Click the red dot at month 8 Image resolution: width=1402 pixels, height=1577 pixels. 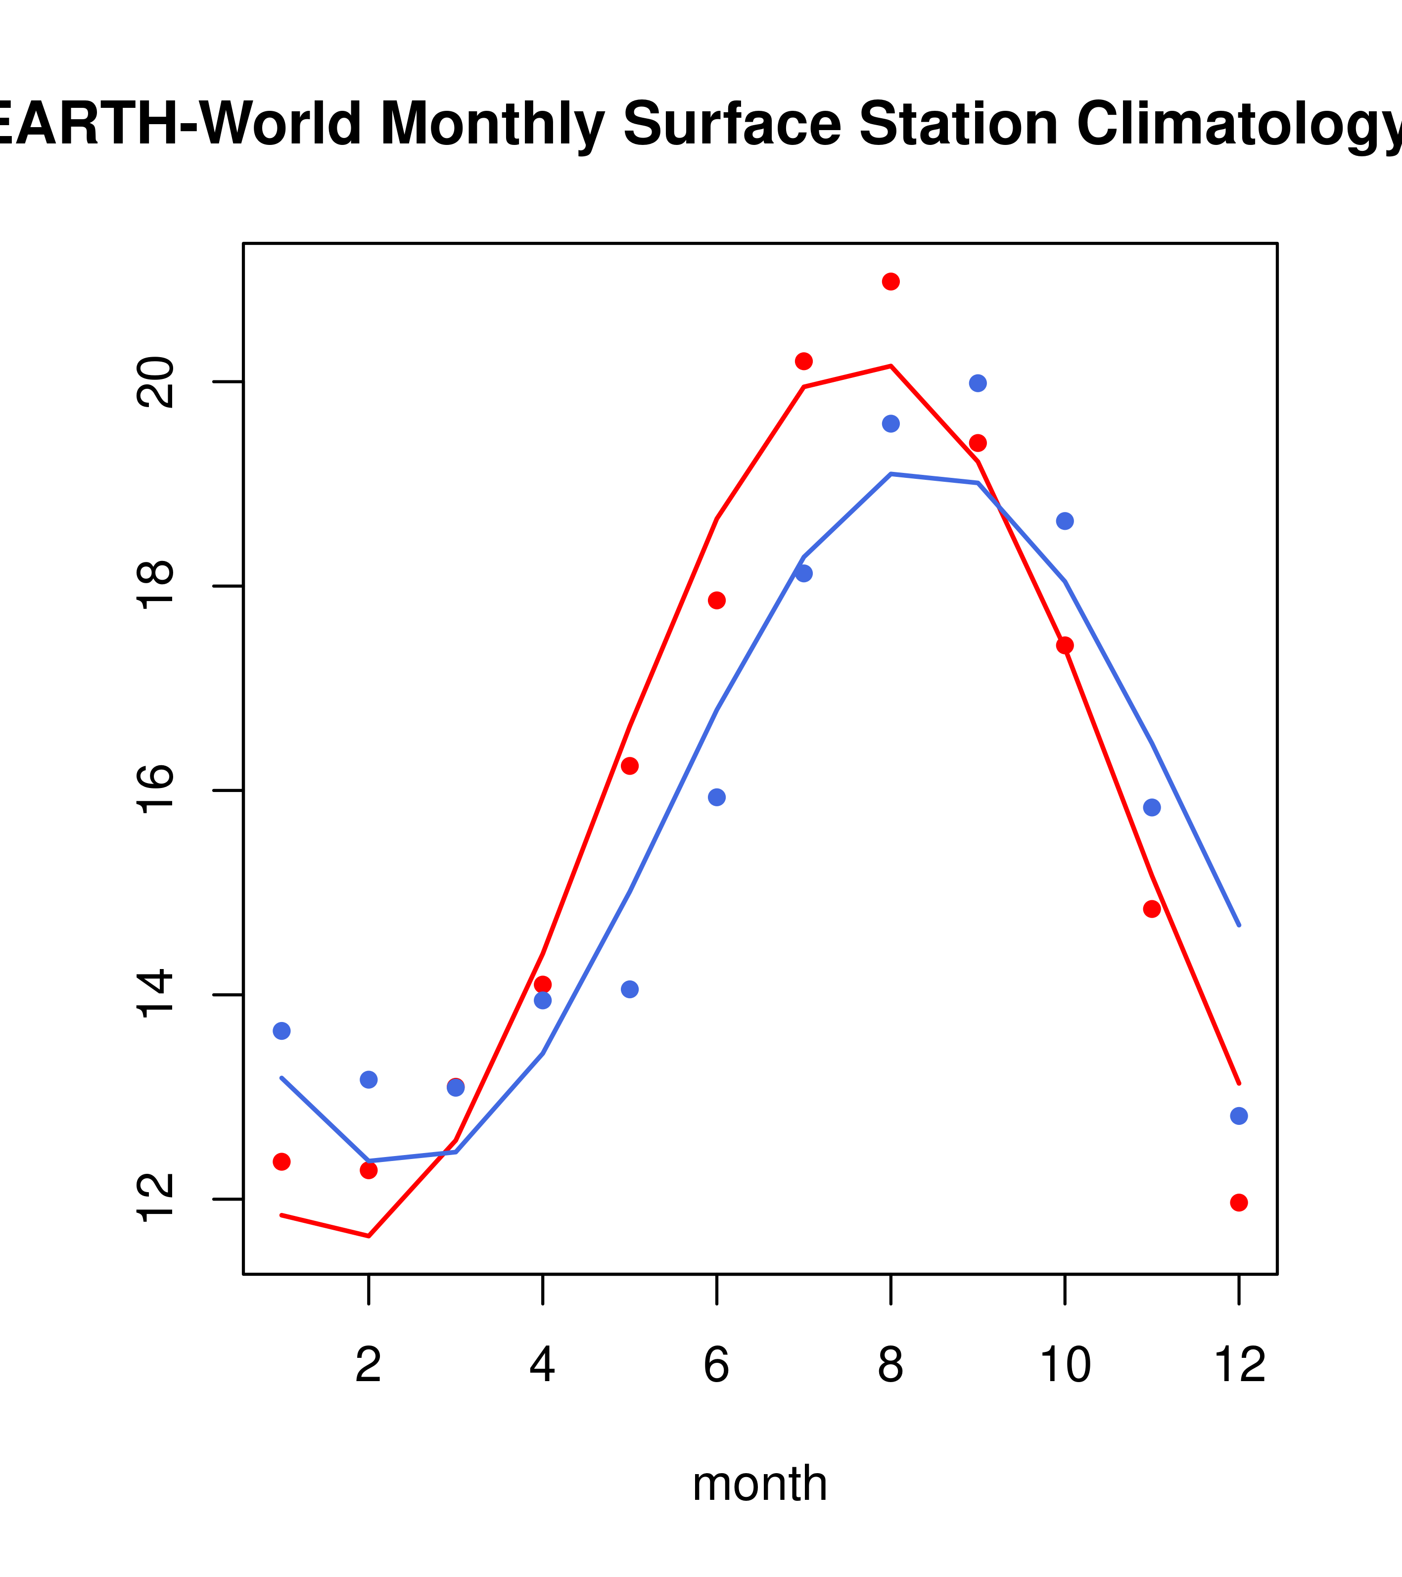[x=890, y=281]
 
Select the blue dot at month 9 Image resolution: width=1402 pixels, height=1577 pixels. [x=978, y=383]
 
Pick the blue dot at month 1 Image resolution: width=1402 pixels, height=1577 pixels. [x=281, y=1031]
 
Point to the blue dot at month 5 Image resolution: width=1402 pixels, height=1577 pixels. [x=630, y=990]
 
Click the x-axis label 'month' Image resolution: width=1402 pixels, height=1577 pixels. [x=759, y=1484]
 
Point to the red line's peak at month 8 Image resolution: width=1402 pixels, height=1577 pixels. [x=890, y=366]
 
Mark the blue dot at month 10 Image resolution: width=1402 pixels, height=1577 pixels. [x=1065, y=521]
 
